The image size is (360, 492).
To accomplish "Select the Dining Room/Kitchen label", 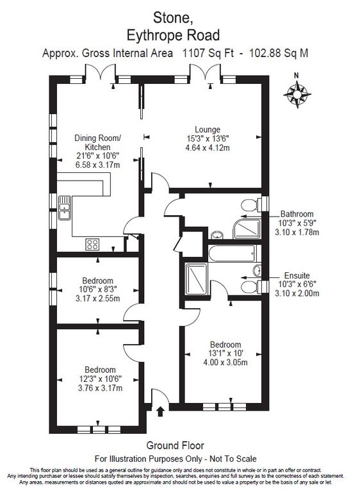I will pos(97,143).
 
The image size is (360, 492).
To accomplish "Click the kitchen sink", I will pos(64,207).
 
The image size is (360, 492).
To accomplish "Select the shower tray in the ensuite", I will pos(195,277).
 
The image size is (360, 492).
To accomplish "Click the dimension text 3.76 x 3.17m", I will pos(100,388).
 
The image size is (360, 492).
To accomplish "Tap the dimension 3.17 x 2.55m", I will pos(97,298).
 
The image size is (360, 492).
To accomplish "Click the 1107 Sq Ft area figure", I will pos(201,54).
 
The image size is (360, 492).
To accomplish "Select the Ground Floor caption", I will pos(175,445).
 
